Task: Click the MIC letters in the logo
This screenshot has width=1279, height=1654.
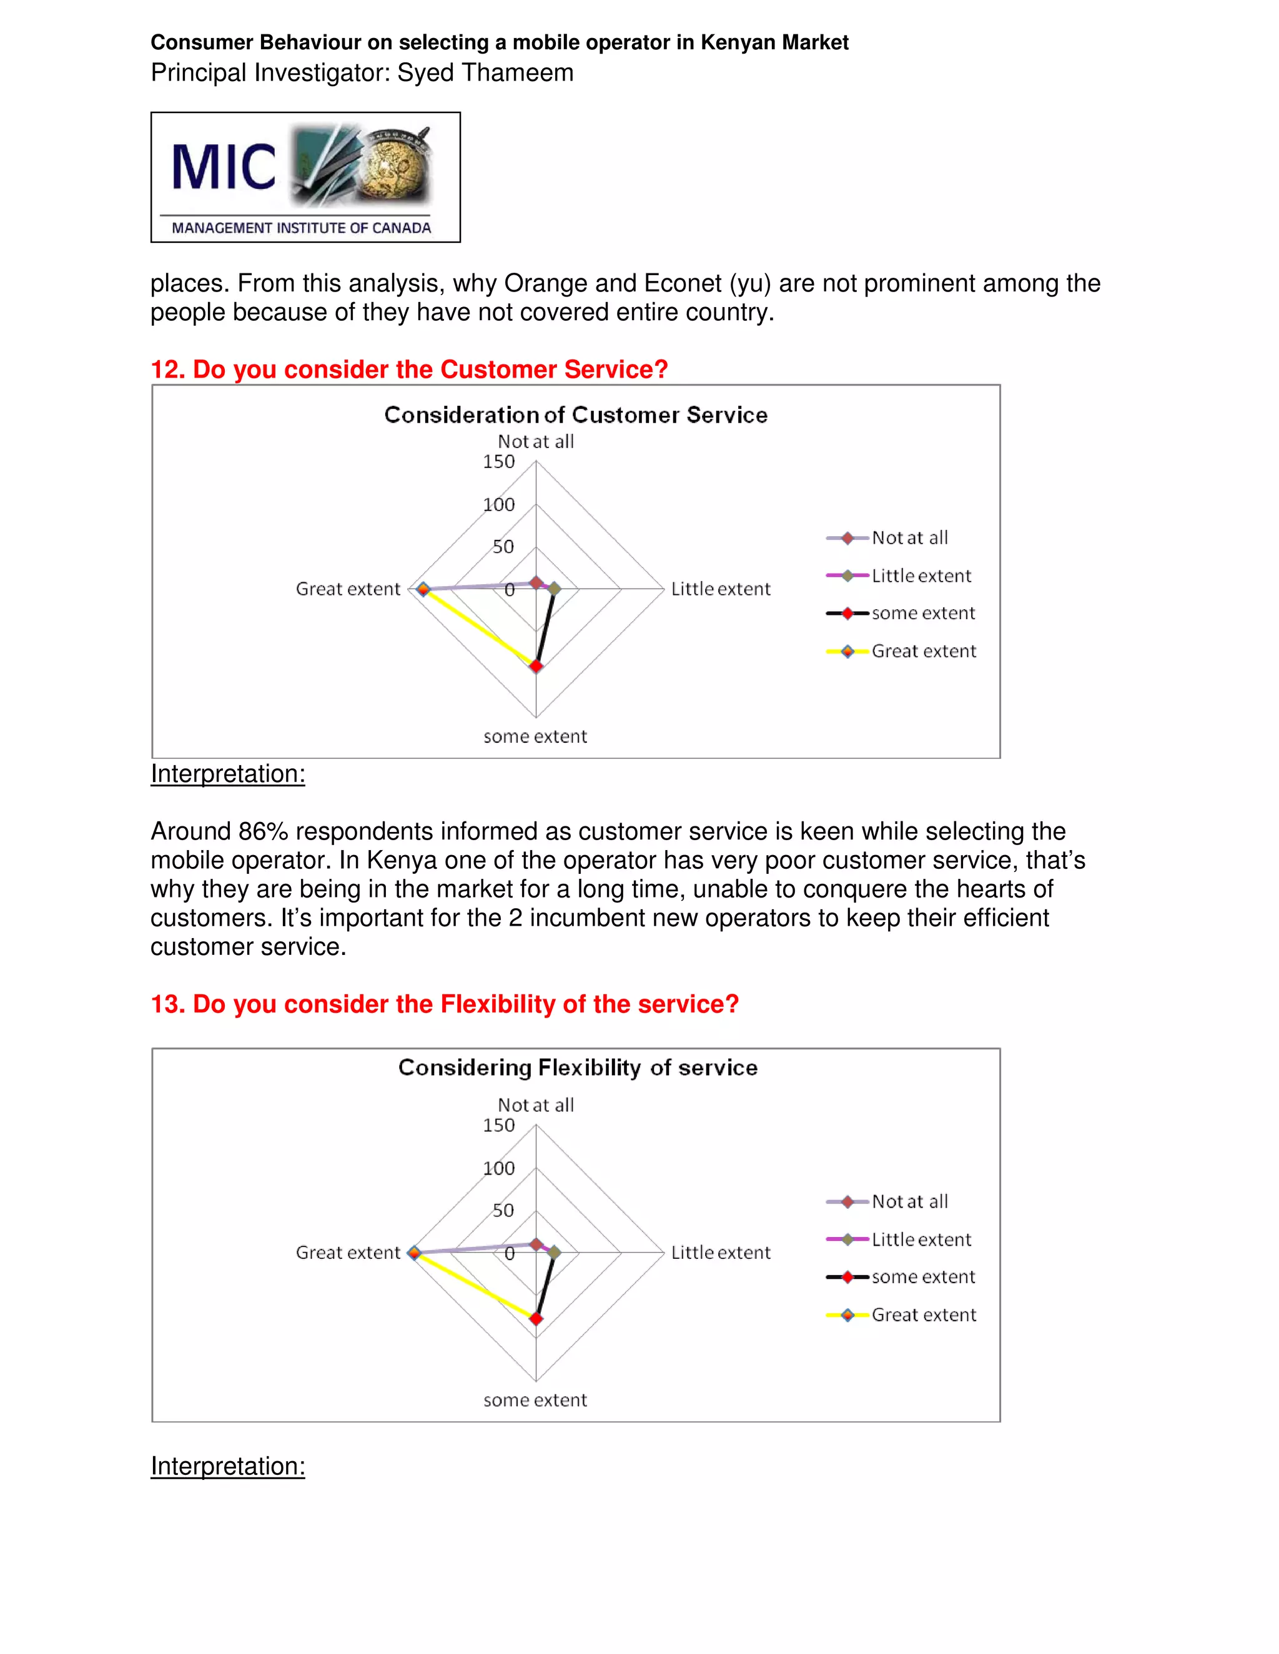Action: pos(224,167)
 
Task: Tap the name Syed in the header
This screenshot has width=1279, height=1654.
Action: pos(425,72)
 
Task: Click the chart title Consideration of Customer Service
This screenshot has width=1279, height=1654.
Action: pos(575,415)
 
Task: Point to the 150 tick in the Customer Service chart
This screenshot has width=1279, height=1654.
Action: pos(498,462)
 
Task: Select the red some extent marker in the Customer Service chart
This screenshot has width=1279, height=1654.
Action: pos(536,667)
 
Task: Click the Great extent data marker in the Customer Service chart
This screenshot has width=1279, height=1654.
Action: pos(423,589)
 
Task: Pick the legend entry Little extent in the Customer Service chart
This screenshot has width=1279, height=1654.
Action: pos(921,575)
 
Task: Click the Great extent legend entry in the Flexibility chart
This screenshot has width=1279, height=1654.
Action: pos(923,1314)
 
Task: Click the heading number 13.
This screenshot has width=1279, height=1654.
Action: pos(167,1004)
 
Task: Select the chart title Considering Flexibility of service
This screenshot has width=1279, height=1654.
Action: pos(578,1068)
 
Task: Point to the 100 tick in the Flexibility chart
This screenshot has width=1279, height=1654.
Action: pos(498,1168)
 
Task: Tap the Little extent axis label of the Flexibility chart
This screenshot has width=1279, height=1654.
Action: pos(720,1253)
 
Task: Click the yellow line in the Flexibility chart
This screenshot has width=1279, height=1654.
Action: pos(473,1285)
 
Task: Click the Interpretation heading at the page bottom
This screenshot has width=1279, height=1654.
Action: pos(227,1466)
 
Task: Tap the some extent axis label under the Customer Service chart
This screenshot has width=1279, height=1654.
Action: pos(535,736)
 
